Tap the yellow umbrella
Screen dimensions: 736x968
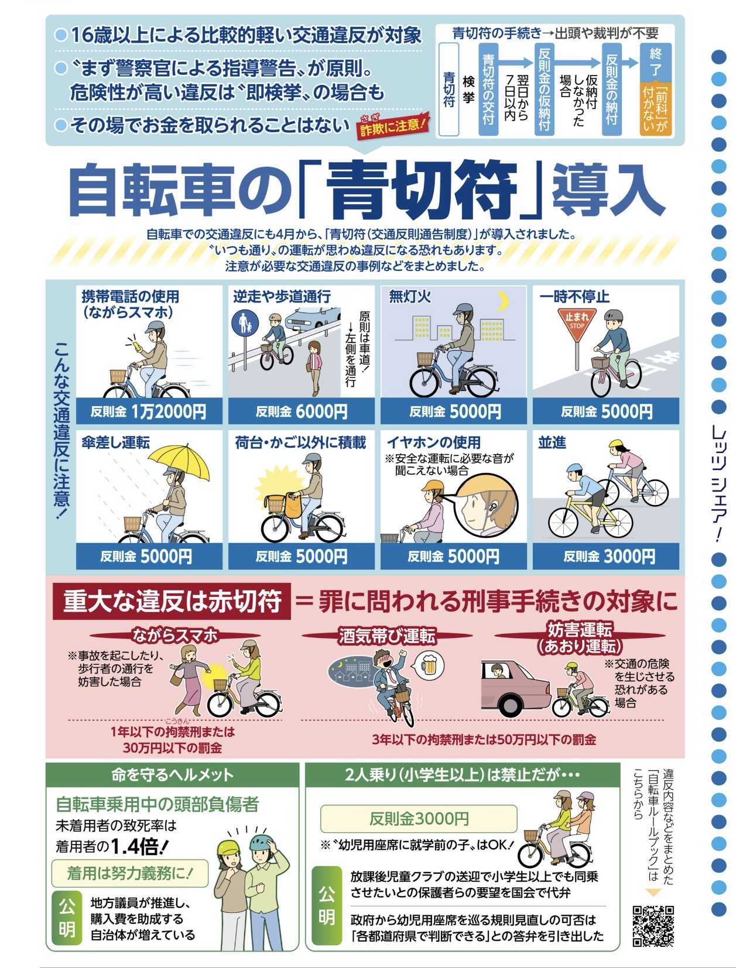179,462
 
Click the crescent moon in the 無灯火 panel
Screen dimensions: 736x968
502,300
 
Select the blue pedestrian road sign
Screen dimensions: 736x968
245,324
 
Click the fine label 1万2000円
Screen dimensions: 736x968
169,411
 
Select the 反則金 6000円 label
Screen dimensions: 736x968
302,411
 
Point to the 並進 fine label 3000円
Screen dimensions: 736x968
629,557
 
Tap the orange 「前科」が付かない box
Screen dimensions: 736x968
655,108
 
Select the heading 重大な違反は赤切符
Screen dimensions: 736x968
172,601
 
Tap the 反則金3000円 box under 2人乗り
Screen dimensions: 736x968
418,819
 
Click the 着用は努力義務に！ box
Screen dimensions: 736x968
130,873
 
